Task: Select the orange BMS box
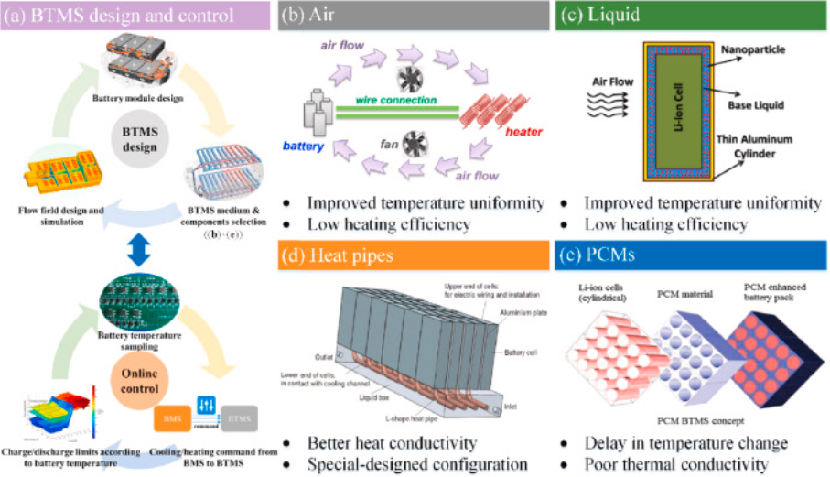tap(172, 419)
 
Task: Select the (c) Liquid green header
tap(690, 16)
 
